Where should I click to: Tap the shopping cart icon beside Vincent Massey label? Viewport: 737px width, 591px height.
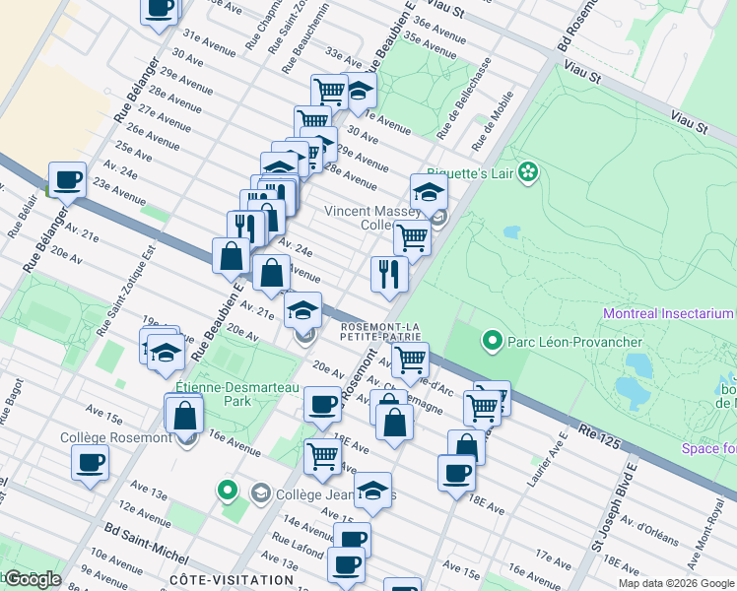pos(412,236)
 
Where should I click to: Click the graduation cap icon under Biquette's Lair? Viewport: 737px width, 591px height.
pos(430,190)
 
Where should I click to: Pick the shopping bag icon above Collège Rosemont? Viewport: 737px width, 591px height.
pos(184,414)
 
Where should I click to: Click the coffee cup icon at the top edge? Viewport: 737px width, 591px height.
pos(160,8)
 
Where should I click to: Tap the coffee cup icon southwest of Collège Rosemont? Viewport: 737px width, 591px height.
pos(91,461)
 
